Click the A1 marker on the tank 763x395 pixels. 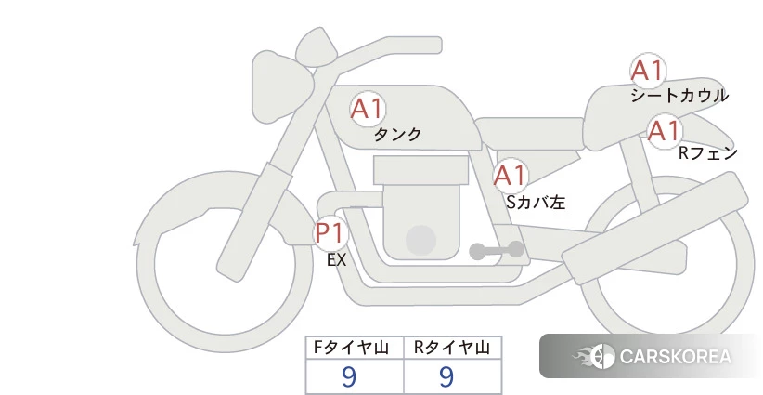pos(368,109)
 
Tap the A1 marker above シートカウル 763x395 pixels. pos(648,71)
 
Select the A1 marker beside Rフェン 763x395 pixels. pos(665,131)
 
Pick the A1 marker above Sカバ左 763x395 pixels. pos(510,176)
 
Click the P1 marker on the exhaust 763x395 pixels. pos(330,232)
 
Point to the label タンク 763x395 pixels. pos(397,134)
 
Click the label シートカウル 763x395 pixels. pos(679,96)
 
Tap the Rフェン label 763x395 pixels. pos(708,153)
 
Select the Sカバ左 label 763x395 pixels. pos(536,202)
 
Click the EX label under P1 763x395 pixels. pos(336,260)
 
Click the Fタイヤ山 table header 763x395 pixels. pos(351,348)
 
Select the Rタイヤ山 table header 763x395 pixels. pos(452,348)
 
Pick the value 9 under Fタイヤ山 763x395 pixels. pos(349,376)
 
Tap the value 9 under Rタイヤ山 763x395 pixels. pos(446,376)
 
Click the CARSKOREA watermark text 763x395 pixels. pos(676,357)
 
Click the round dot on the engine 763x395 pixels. pos(420,240)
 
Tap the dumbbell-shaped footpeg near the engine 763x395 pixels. pos(497,250)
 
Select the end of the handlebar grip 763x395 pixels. pos(436,46)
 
